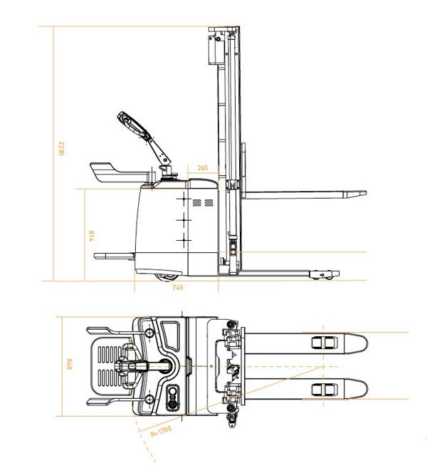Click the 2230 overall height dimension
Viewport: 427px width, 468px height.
[x=62, y=150]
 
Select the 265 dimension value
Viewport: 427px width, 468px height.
[x=203, y=169]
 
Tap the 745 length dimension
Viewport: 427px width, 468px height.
[x=178, y=287]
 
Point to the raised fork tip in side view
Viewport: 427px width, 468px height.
[x=356, y=193]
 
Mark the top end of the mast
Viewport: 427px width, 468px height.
[x=223, y=30]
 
